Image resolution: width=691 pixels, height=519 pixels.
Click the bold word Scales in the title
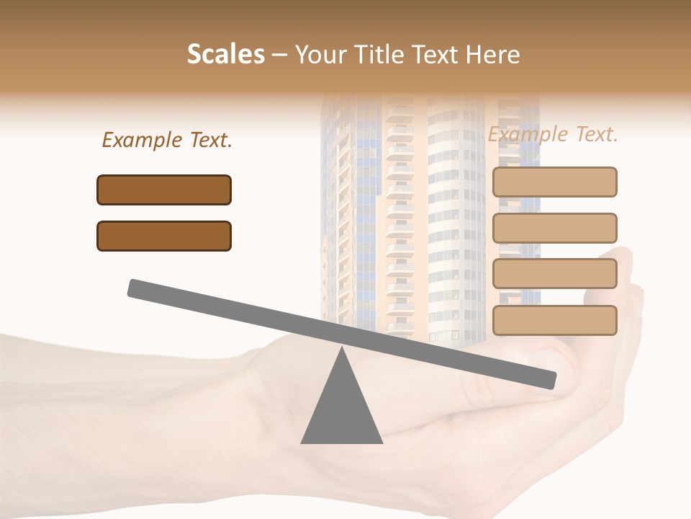[225, 54]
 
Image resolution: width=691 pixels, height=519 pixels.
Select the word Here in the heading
[492, 54]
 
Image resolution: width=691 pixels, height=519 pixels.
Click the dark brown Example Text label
[167, 141]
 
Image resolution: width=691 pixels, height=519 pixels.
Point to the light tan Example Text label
[553, 134]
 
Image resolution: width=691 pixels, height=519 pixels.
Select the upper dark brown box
[164, 190]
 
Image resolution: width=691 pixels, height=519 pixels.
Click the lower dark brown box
[164, 236]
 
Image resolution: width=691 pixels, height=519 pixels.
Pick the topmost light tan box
[554, 182]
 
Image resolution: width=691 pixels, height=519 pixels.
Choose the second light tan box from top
[554, 228]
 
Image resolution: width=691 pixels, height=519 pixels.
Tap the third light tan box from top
[554, 274]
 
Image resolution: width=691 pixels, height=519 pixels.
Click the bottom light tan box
[554, 320]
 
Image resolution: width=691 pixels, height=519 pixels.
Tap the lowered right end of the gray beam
[550, 380]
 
